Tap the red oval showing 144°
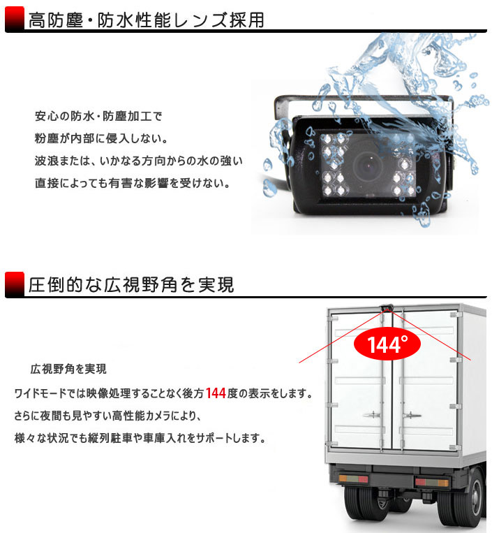[387, 344]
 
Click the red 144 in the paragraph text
[216, 393]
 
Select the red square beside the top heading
[15, 19]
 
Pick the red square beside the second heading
[15, 284]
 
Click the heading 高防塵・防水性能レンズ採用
[147, 20]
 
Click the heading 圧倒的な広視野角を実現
[131, 285]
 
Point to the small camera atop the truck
[387, 307]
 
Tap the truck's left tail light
[353, 479]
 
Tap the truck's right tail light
[431, 482]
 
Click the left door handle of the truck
[373, 415]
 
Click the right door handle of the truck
[412, 415]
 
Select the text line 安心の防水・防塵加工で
[98, 116]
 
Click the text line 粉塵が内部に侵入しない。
[101, 138]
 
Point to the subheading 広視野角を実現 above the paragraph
[68, 369]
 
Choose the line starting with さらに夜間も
[107, 416]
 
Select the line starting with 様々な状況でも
[140, 438]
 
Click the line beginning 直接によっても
[133, 183]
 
